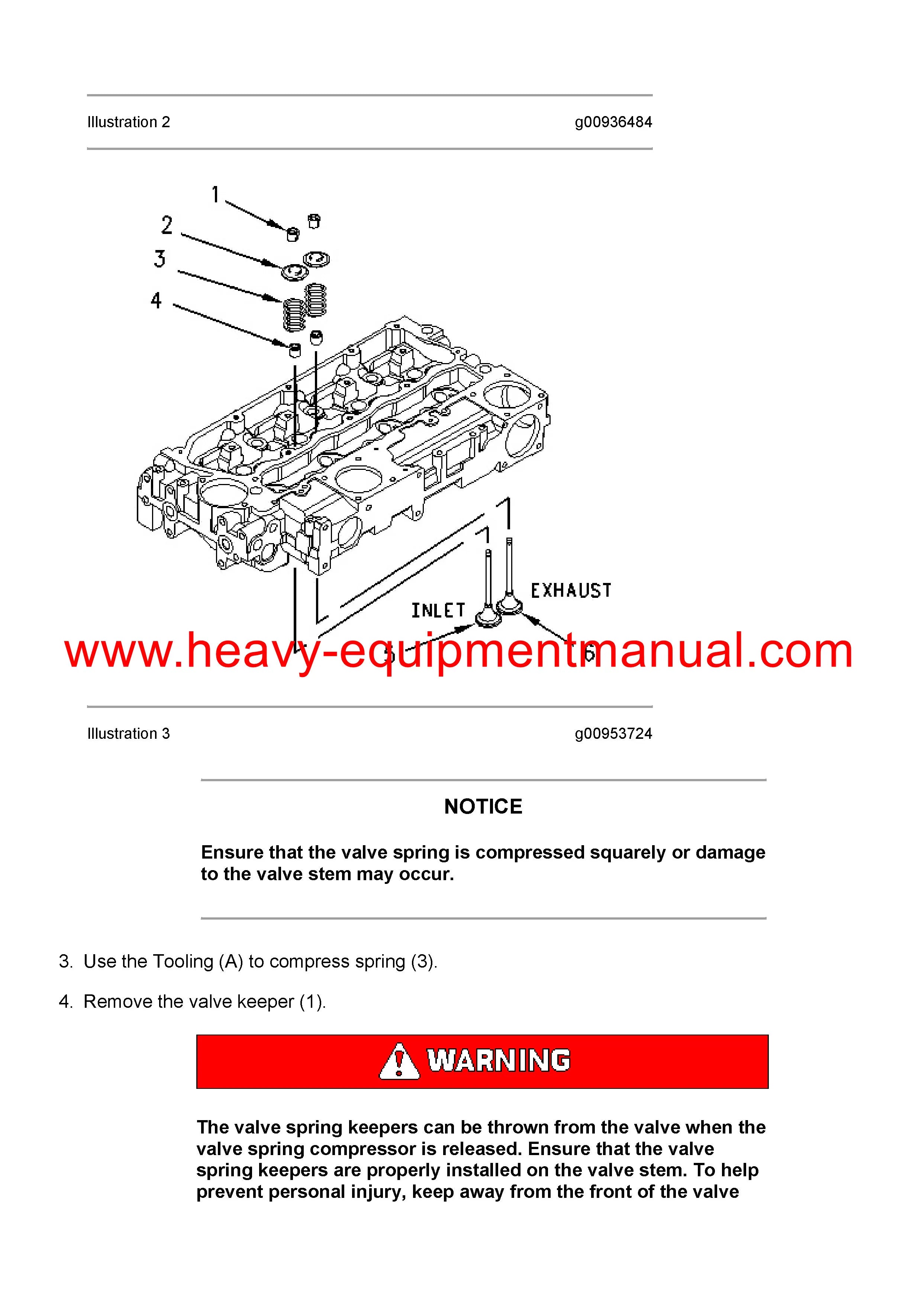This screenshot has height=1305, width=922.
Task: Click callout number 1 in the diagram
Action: (215, 195)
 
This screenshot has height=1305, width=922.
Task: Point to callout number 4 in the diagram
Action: (156, 300)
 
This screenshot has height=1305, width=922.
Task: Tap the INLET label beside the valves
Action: (438, 610)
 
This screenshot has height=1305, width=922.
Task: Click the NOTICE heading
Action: (483, 807)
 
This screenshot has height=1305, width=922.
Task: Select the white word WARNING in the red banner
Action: (499, 1061)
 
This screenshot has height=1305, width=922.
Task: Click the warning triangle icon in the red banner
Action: (399, 1062)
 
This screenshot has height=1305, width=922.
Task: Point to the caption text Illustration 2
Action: (128, 122)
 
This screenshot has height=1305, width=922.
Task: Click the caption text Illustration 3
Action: (128, 734)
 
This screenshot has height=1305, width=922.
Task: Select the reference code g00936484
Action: (613, 122)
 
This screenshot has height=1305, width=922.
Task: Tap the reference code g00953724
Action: (613, 734)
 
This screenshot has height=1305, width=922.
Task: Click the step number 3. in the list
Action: (66, 961)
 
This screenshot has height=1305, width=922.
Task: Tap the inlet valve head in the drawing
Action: (487, 617)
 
